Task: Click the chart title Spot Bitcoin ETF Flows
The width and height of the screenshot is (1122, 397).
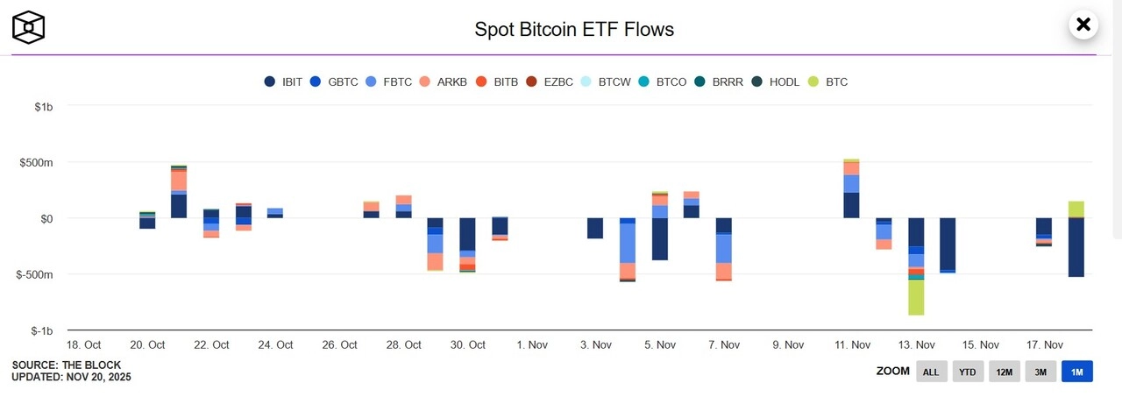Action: [574, 29]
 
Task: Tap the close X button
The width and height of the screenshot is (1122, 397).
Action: [1083, 25]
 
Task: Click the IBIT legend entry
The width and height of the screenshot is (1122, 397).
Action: [283, 82]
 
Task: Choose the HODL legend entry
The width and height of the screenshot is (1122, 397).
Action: [775, 82]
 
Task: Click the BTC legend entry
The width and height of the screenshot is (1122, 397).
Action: [828, 82]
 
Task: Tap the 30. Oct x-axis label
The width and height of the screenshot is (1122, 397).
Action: [467, 345]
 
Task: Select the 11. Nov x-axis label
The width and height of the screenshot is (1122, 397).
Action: [851, 345]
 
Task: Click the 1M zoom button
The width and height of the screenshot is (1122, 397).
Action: [1076, 372]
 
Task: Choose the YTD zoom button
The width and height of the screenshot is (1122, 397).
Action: [967, 372]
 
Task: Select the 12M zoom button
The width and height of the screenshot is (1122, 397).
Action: [1004, 372]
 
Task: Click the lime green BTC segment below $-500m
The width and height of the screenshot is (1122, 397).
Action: [916, 297]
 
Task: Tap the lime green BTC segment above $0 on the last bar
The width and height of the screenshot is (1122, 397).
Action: [1076, 209]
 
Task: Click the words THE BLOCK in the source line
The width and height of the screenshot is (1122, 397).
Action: [92, 365]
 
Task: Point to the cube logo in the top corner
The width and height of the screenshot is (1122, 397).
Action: [28, 27]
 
